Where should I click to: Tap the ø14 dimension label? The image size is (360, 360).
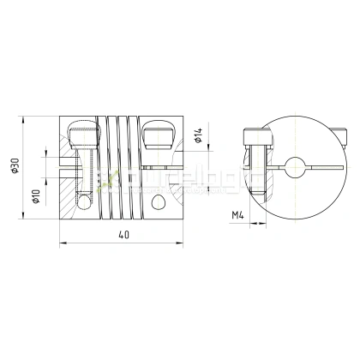pyautogui.click(x=198, y=135)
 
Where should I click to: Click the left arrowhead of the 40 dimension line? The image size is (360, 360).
pyautogui.click(x=63, y=248)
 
